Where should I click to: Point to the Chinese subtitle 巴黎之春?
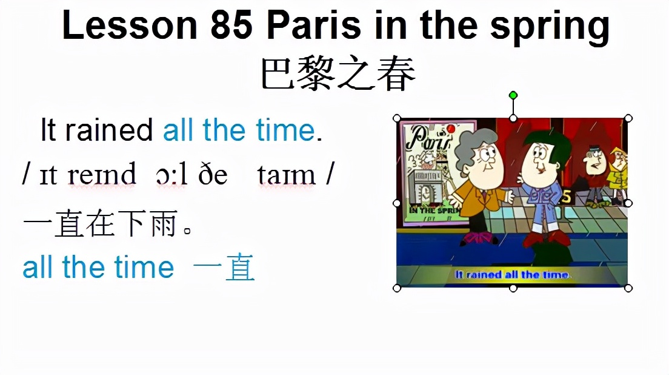(x=338, y=74)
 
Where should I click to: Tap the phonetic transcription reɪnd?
(x=102, y=175)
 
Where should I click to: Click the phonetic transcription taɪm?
(x=287, y=175)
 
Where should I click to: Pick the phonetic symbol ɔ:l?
(x=171, y=175)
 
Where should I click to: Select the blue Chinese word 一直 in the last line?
(x=224, y=268)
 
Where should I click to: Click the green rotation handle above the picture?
(x=513, y=95)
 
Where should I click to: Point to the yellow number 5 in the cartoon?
(x=567, y=197)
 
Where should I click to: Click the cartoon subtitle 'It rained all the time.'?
(x=513, y=275)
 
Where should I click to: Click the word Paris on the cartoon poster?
(x=429, y=141)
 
